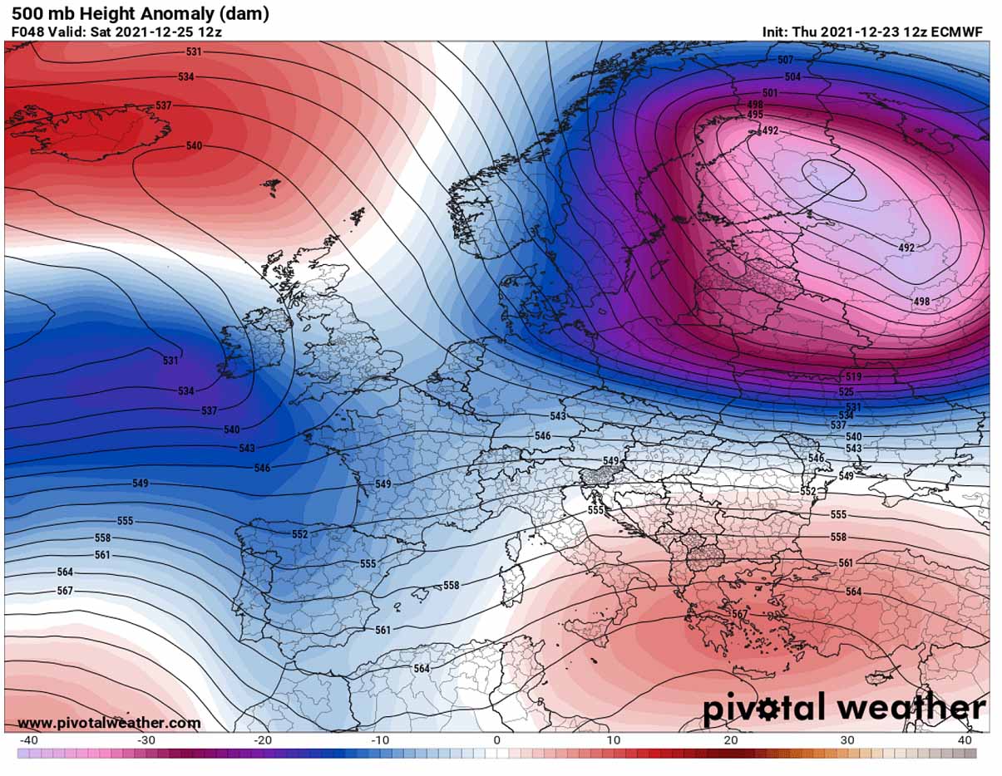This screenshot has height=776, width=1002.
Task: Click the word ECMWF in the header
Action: coord(959,32)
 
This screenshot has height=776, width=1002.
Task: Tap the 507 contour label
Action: coord(785,60)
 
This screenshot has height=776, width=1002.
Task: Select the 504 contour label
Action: coord(792,76)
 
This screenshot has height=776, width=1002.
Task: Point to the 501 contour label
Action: coord(769,93)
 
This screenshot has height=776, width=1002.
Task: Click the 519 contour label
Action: coord(853,377)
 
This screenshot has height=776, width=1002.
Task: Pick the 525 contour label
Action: coord(846,391)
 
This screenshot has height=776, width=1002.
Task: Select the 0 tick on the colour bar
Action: coord(496,740)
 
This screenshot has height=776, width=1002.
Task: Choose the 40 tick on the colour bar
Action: coord(965,740)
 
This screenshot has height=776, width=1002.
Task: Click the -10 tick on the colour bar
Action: coord(380,740)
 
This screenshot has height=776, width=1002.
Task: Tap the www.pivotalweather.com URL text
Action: coord(109,723)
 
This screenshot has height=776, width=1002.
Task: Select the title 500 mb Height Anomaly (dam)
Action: coord(140,14)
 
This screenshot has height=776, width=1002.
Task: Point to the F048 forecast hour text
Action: coord(28,32)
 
